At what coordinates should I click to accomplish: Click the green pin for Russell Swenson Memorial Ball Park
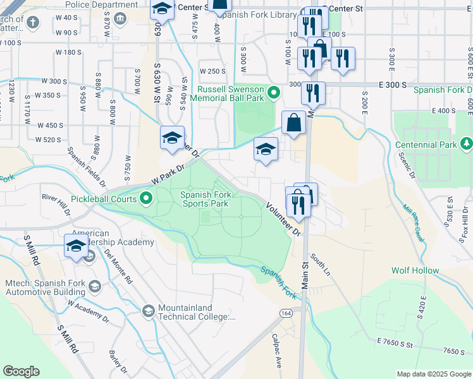(x=273, y=93)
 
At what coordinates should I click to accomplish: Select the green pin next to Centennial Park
(x=466, y=145)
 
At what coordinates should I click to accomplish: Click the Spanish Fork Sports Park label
(x=204, y=199)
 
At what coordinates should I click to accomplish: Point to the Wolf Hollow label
(x=415, y=270)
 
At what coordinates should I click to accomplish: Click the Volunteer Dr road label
(x=282, y=219)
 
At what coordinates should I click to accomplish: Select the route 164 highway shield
(x=287, y=314)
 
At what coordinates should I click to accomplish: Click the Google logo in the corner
(x=21, y=371)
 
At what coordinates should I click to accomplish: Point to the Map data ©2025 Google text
(x=433, y=374)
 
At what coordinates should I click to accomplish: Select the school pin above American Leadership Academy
(x=76, y=246)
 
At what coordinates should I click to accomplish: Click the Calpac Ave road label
(x=276, y=351)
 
